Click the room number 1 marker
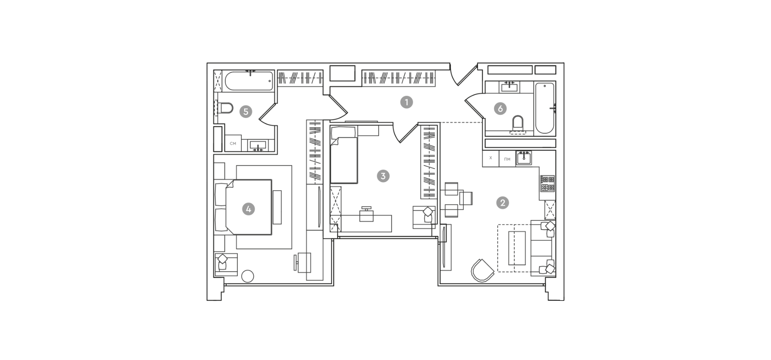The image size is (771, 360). coord(406,102)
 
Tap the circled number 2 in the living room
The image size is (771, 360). coord(502,203)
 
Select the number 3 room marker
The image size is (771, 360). coord(383,176)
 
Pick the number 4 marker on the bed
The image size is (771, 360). coord(249,209)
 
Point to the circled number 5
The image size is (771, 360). coord(246,112)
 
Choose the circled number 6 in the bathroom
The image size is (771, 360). coord(500,108)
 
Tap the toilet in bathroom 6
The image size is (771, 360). coord(518,124)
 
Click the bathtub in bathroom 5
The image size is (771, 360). coord(249,81)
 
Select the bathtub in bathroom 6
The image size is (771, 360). coord(545,108)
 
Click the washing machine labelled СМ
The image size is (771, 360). coord(233,143)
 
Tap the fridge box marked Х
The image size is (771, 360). coord(491,159)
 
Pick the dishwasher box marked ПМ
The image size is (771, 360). coord(507,159)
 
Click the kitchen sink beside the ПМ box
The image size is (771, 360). coord(524,158)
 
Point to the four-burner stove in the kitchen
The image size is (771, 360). coord(548,183)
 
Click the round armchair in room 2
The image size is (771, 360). coord(482,271)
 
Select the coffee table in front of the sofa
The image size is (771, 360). coord(517,248)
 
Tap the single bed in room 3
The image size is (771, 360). coord(344,155)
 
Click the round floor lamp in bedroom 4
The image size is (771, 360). coord(248,276)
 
